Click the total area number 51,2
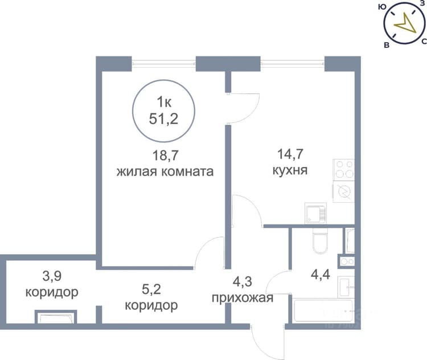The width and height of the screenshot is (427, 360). click(x=163, y=119)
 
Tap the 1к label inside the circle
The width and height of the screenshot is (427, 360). click(x=164, y=102)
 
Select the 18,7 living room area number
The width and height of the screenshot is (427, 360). click(x=165, y=156)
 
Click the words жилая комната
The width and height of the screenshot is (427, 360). click(x=165, y=171)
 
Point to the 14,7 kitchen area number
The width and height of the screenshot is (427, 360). click(x=290, y=154)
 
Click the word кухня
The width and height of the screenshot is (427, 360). click(x=290, y=170)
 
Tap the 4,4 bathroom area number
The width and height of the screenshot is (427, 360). click(x=321, y=274)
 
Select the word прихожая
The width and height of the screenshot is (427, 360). click(x=243, y=298)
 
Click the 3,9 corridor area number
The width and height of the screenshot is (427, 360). click(x=52, y=276)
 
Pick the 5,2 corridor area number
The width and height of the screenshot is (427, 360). click(x=151, y=289)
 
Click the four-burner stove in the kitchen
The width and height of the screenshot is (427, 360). click(x=344, y=170)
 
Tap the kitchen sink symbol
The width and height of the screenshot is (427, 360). click(x=316, y=214)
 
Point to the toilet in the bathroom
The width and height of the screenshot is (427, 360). click(x=321, y=240)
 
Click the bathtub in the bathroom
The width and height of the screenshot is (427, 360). click(x=323, y=311)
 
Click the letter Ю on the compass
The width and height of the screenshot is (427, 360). click(x=383, y=7)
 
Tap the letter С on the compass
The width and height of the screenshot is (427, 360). click(x=424, y=42)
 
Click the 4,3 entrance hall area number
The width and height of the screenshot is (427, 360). click(x=243, y=281)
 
